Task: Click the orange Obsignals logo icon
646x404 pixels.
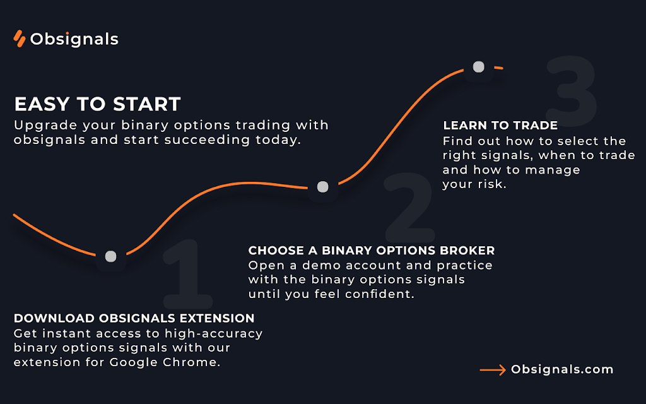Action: [20, 39]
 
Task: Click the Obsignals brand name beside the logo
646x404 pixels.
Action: [74, 39]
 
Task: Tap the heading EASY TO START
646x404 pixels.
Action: [98, 104]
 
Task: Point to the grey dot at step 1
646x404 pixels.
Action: [111, 256]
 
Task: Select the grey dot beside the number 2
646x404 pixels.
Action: [322, 187]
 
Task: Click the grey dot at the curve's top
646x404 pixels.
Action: [478, 67]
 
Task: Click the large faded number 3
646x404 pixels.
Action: [572, 92]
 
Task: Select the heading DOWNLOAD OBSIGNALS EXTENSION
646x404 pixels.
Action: [134, 318]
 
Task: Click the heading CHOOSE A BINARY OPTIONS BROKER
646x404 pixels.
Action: [371, 250]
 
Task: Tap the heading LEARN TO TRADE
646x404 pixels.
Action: [500, 126]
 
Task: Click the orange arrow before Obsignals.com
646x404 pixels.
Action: [493, 370]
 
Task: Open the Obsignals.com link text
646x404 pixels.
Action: [562, 369]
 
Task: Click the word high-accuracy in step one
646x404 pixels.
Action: [213, 333]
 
